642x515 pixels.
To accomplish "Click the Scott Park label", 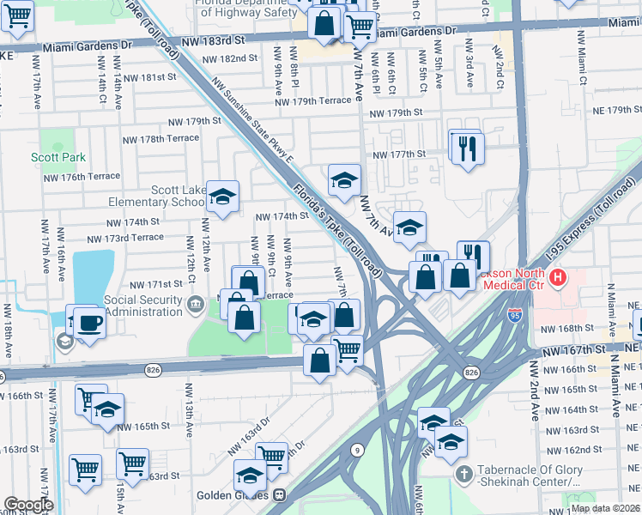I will click(x=58, y=158).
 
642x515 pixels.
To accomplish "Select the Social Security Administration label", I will click(x=142, y=306).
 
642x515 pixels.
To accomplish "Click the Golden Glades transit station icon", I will click(x=280, y=495).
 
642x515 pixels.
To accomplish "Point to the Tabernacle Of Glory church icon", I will click(x=465, y=474).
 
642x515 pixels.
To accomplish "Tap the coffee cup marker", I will click(x=88, y=323).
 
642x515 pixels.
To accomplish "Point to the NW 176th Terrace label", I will click(x=75, y=176).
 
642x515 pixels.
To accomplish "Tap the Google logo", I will click(x=27, y=505).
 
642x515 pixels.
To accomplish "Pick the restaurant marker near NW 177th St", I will click(x=468, y=147).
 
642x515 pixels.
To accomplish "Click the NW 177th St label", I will click(x=399, y=154).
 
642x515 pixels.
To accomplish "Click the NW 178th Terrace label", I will click(x=160, y=138).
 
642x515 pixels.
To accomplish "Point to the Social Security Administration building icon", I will click(x=197, y=302).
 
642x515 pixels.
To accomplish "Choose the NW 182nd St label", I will click(x=230, y=58).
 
